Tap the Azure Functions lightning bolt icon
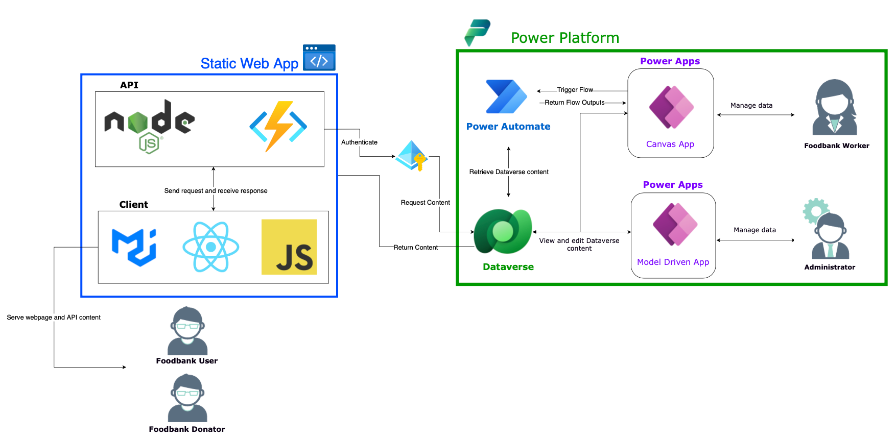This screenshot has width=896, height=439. pyautogui.click(x=278, y=126)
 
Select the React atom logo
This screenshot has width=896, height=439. pyautogui.click(x=211, y=247)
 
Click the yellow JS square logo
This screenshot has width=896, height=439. pyautogui.click(x=289, y=247)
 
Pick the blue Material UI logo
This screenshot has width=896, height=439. pyautogui.click(x=134, y=247)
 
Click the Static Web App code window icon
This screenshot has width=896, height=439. pyautogui.click(x=319, y=58)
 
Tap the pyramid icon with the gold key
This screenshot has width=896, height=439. pyautogui.click(x=412, y=156)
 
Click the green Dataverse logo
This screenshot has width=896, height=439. pyautogui.click(x=503, y=231)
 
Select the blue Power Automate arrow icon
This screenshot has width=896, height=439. pyautogui.click(x=506, y=96)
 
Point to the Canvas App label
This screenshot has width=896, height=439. pyautogui.click(x=670, y=144)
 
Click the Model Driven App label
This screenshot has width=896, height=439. pyautogui.click(x=673, y=262)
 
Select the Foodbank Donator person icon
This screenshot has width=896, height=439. pyautogui.click(x=187, y=398)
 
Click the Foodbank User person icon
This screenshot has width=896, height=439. pyautogui.click(x=187, y=331)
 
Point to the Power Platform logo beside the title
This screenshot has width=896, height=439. pyautogui.click(x=478, y=32)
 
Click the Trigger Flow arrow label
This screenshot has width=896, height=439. pyautogui.click(x=575, y=90)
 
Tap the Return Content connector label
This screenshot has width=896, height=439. pyautogui.click(x=415, y=248)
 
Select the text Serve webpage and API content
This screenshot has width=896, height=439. pyautogui.click(x=54, y=318)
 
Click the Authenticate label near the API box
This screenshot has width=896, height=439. pyautogui.click(x=359, y=142)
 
